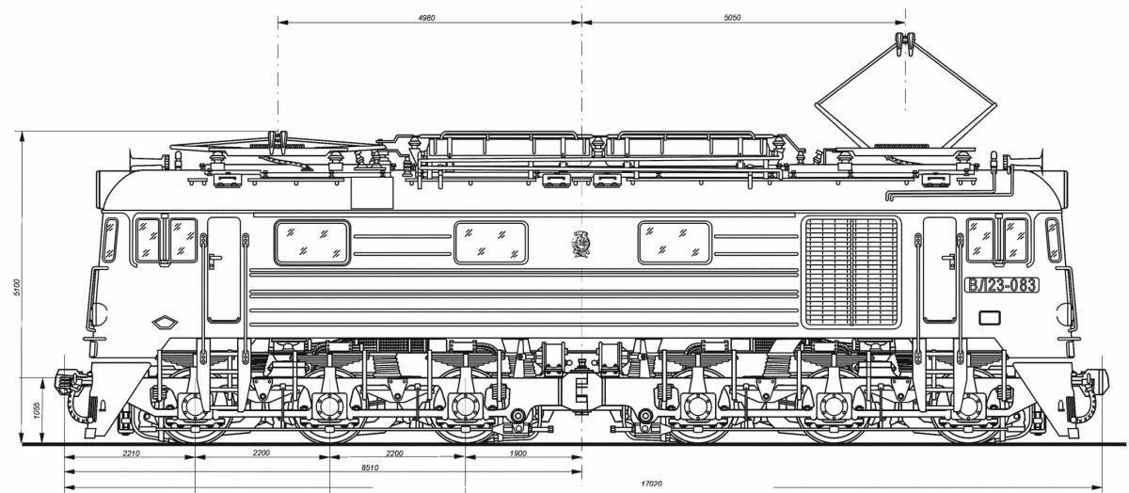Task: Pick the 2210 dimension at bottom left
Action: [130, 453]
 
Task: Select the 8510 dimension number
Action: [370, 467]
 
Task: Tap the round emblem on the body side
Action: [580, 244]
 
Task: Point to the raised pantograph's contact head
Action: [906, 42]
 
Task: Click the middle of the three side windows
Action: [490, 243]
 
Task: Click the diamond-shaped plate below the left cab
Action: [166, 322]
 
